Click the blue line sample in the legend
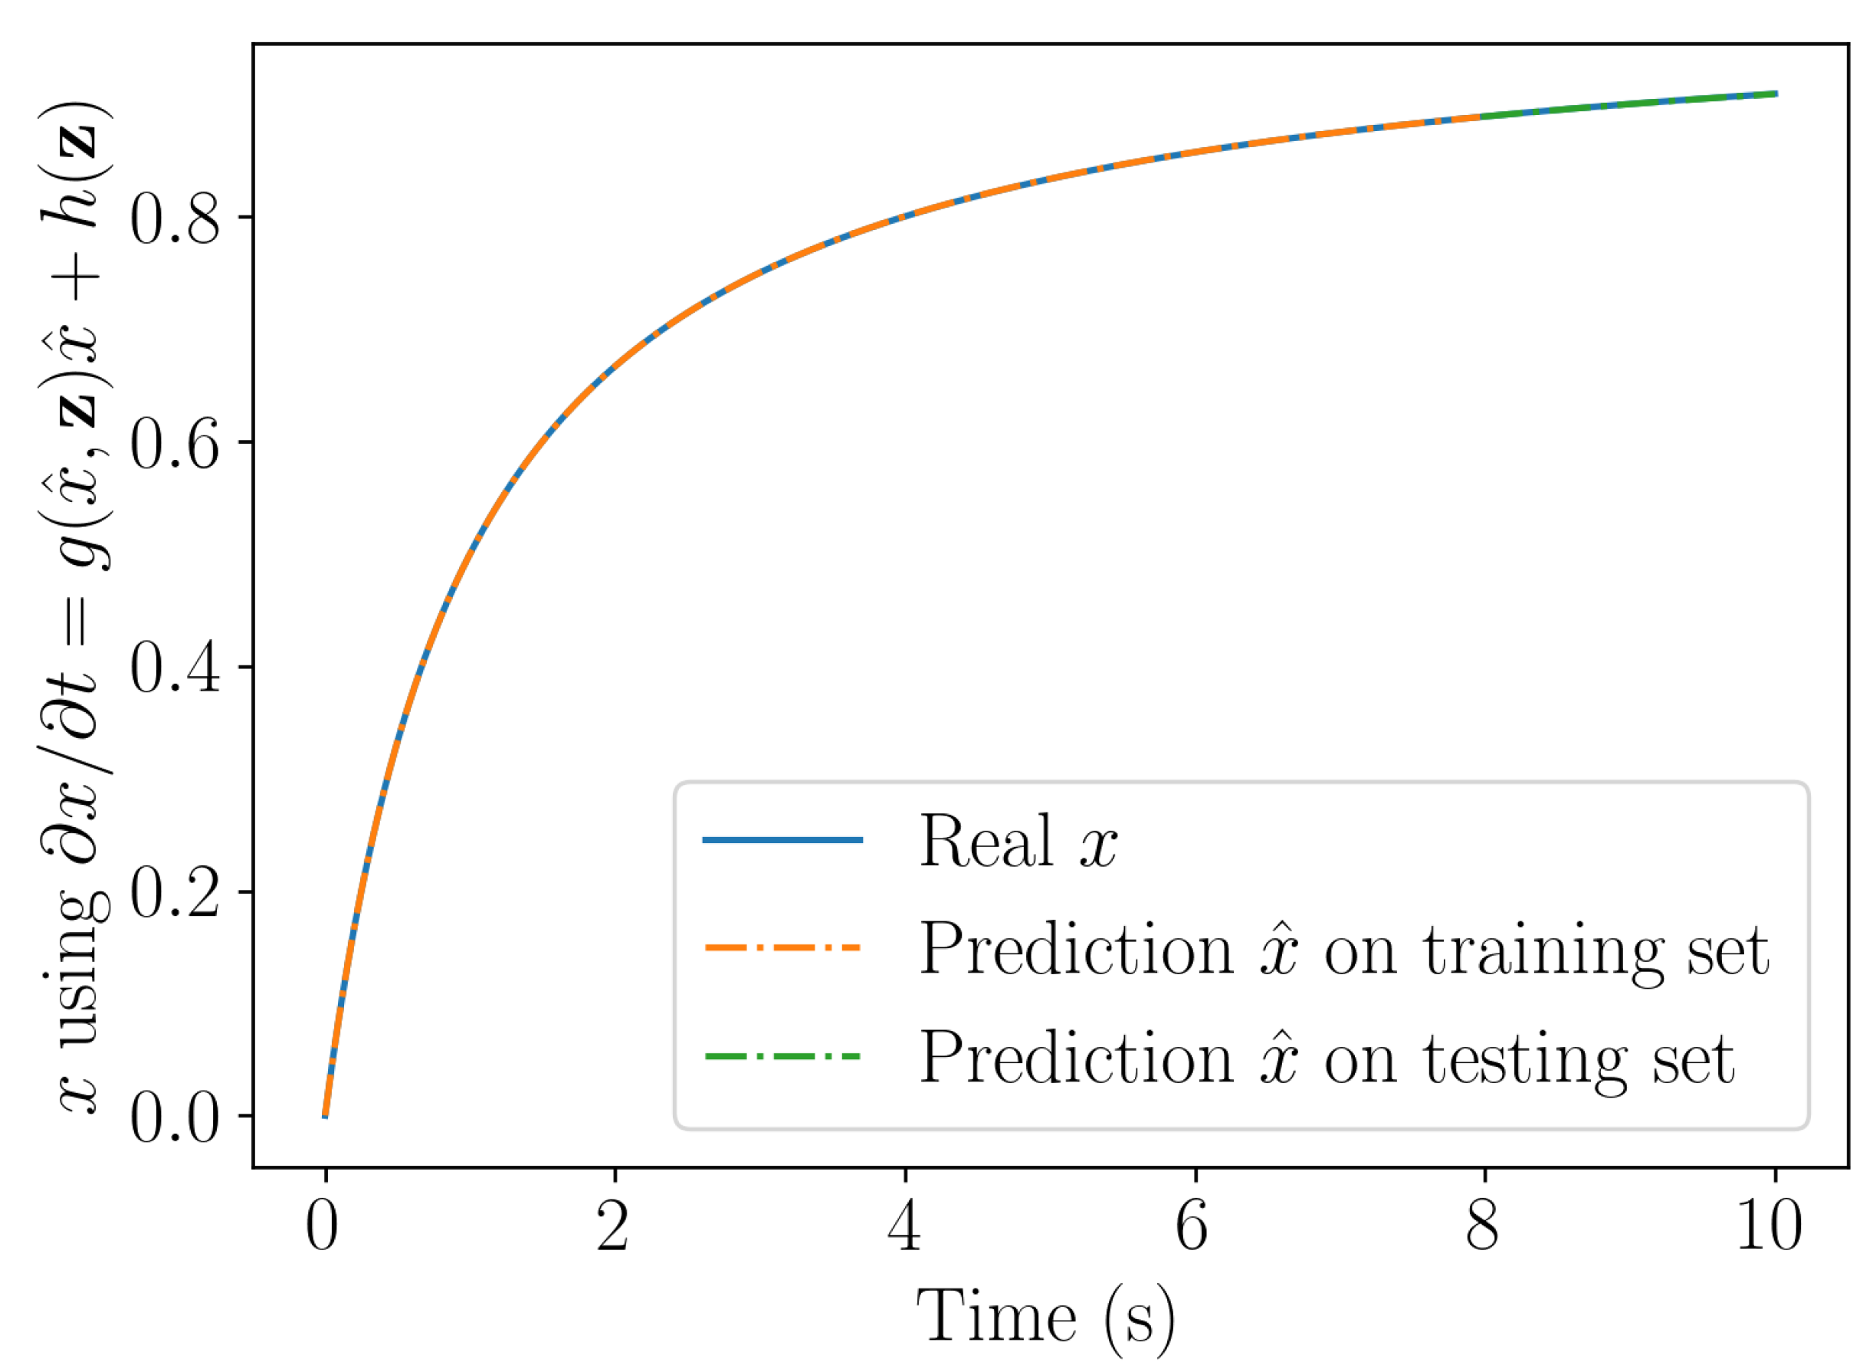[782, 841]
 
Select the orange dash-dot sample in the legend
[782, 947]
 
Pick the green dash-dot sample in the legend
[782, 1056]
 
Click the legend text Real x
[1017, 842]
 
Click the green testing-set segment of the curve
[1628, 103]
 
